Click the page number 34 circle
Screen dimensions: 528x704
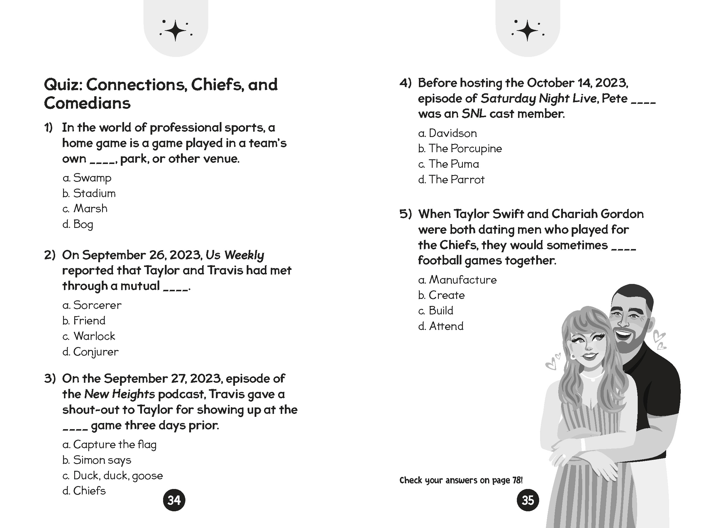[174, 500]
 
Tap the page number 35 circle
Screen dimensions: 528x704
[528, 500]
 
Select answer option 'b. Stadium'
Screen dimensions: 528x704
[89, 193]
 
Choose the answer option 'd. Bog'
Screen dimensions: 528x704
[78, 224]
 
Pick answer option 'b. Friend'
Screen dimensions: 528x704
[84, 321]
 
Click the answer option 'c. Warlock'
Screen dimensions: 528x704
[89, 336]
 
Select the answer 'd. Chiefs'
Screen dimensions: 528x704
[84, 491]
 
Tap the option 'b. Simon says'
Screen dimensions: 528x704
[97, 460]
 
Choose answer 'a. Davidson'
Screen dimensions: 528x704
[447, 133]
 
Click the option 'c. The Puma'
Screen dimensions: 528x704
[449, 164]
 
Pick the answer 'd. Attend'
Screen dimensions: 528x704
[441, 326]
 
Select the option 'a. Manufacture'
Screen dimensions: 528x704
[457, 280]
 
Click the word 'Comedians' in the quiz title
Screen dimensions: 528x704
[87, 103]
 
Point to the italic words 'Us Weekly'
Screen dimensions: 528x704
[235, 255]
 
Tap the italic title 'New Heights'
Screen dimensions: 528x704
[120, 394]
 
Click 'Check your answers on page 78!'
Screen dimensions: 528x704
[461, 480]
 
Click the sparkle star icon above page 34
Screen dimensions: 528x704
[176, 31]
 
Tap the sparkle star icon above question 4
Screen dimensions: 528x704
[527, 31]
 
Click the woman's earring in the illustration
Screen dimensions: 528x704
[573, 356]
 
